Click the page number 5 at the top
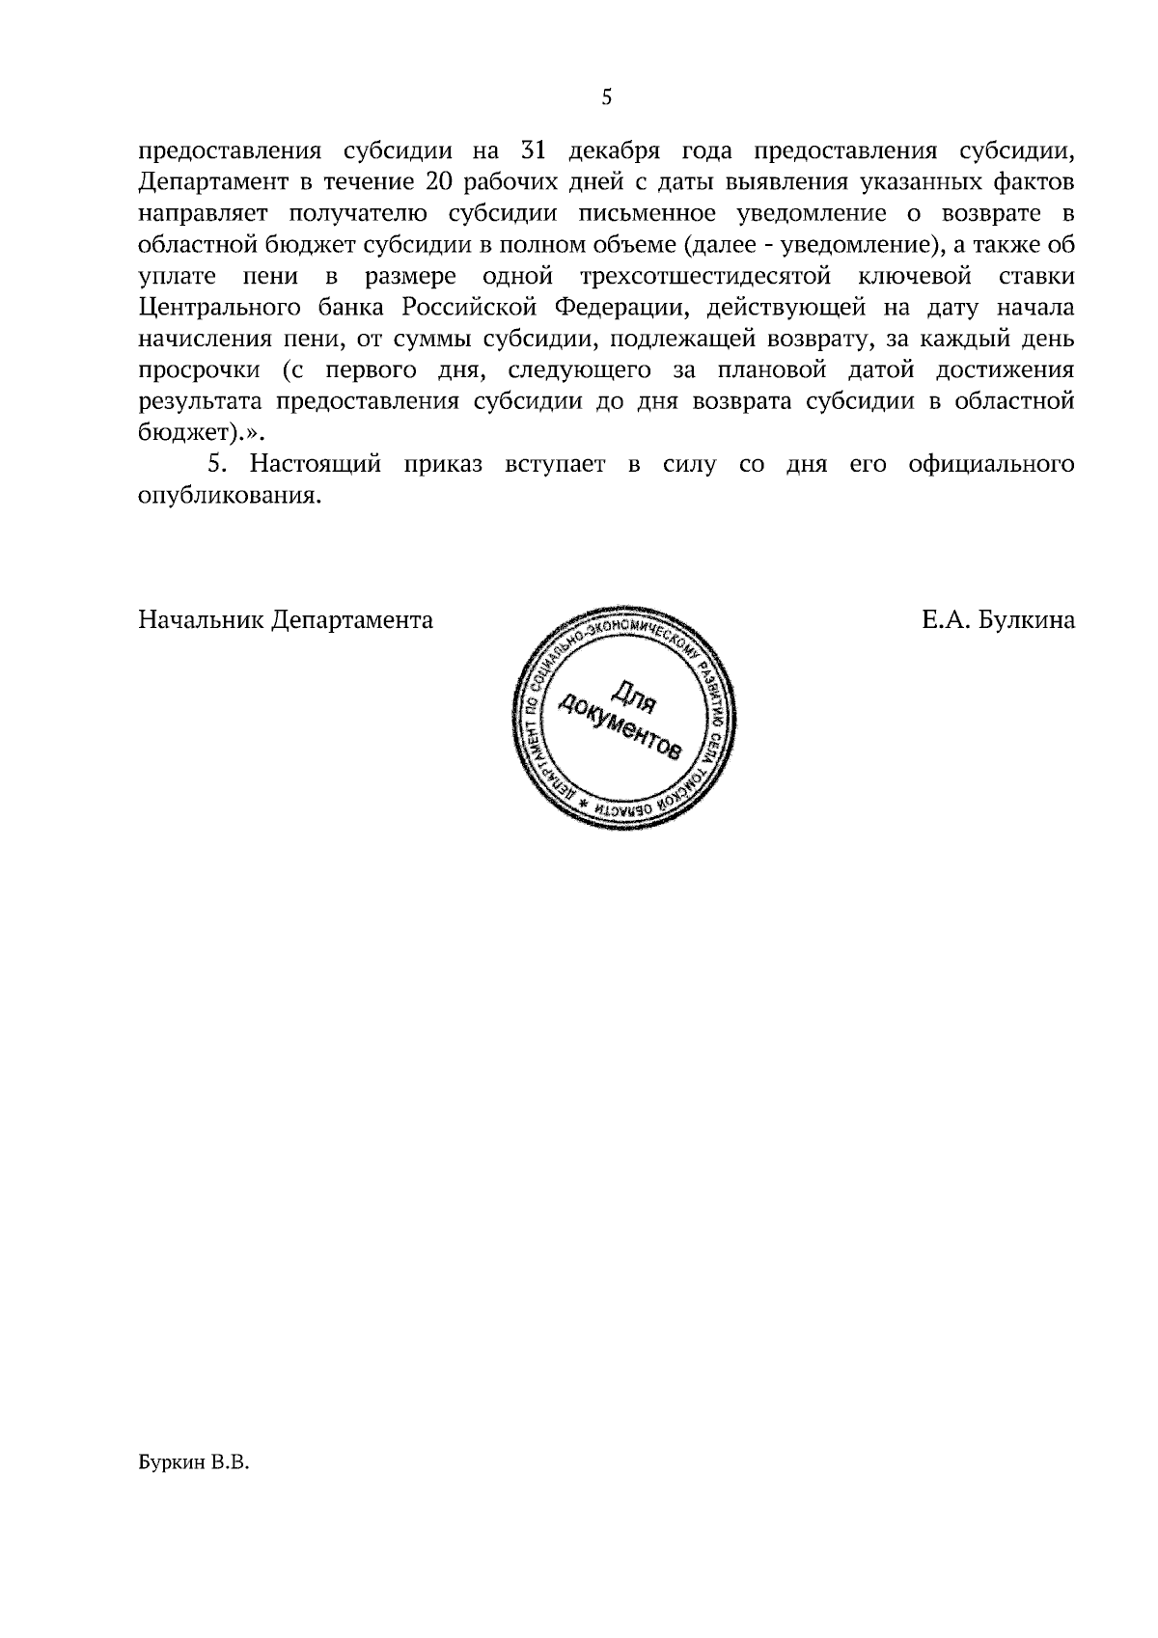point(606,96)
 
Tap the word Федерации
point(628,309)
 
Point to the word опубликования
point(228,497)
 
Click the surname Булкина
point(1026,619)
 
